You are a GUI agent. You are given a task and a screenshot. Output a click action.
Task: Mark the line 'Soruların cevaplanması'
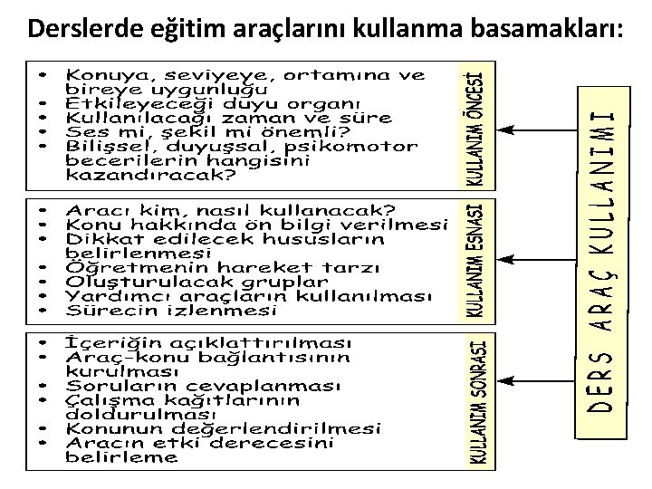point(203,387)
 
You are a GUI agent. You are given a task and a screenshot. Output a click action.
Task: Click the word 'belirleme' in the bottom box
point(121,457)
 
